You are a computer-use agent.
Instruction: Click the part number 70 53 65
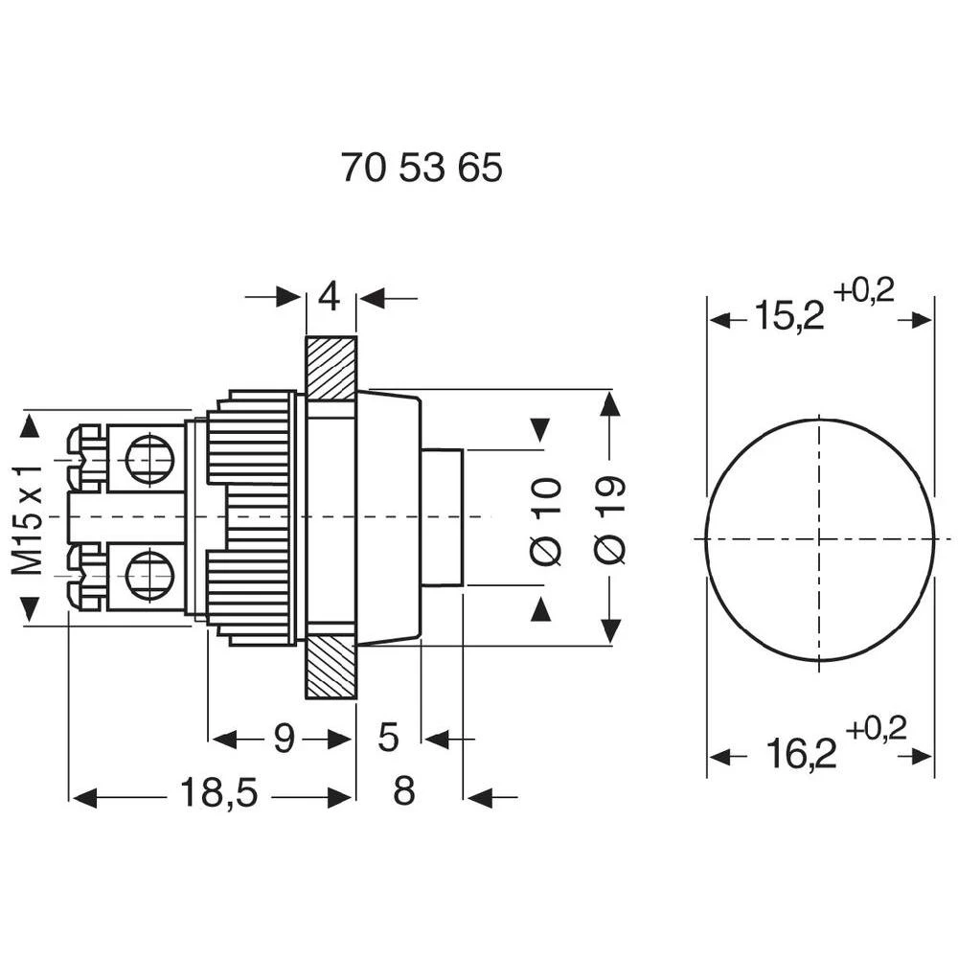click(x=422, y=170)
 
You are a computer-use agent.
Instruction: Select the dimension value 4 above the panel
click(x=330, y=298)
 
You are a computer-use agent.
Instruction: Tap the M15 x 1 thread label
click(x=28, y=518)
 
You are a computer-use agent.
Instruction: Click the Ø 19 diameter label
click(x=610, y=518)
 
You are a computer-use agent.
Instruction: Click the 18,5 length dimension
click(x=219, y=794)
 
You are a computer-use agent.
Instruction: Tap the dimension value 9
click(x=285, y=739)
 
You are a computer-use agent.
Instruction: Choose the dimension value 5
click(x=388, y=738)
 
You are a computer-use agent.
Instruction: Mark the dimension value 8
click(x=404, y=793)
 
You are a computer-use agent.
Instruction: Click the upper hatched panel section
click(x=331, y=368)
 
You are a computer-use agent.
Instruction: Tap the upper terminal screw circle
click(x=149, y=457)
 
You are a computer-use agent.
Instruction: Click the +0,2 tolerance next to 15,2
click(x=863, y=289)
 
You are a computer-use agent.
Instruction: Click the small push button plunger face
click(x=444, y=517)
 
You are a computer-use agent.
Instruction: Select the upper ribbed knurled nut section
click(x=251, y=435)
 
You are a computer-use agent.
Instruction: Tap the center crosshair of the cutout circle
click(x=820, y=539)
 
